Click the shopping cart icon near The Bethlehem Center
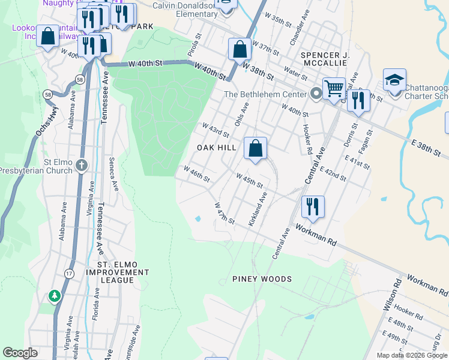pos(334,88)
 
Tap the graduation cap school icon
pos(395,79)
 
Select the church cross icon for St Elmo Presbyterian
pos(82,165)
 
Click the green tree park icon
pos(55,296)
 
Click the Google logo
pos(20,353)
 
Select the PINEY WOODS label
pos(262,279)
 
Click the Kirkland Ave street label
pos(258,209)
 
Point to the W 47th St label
pos(224,214)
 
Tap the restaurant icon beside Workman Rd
pos(313,206)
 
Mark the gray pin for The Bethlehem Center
pos(316,94)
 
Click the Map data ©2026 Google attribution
pos(411,355)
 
